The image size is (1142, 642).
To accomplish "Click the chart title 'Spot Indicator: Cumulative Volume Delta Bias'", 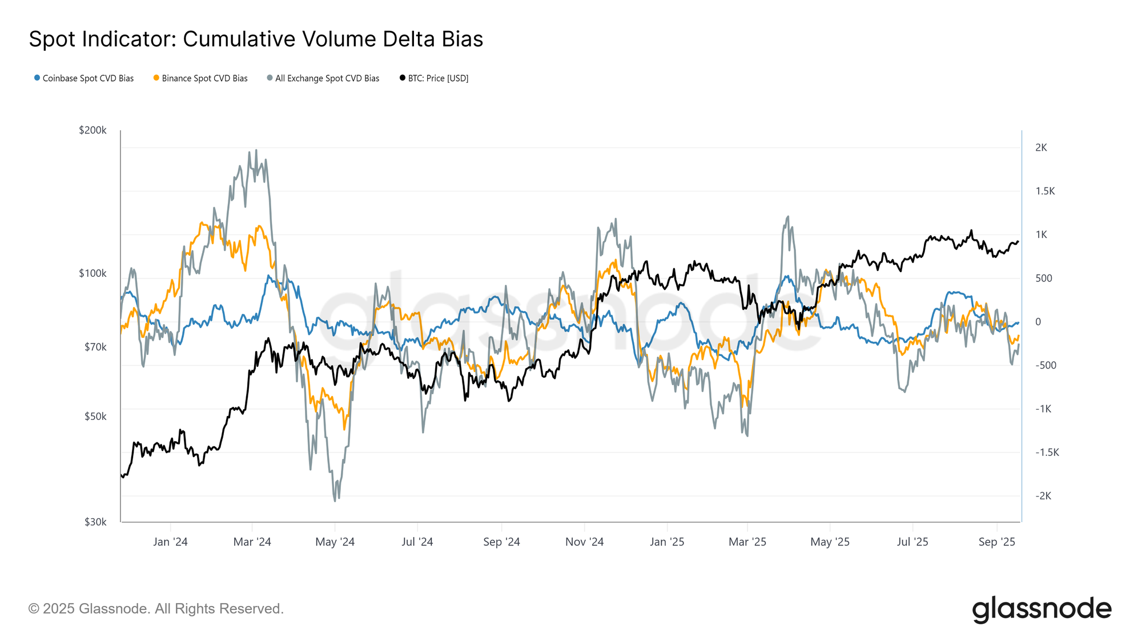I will pyautogui.click(x=256, y=39).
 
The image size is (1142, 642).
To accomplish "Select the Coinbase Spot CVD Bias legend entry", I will pyautogui.click(x=84, y=78).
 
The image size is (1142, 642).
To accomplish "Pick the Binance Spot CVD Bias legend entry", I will pyautogui.click(x=200, y=78).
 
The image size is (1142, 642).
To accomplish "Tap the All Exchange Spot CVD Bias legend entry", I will pyautogui.click(x=323, y=78).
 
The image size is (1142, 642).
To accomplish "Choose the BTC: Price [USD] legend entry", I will pyautogui.click(x=434, y=78).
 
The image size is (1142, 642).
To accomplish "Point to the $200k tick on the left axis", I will pyautogui.click(x=93, y=130).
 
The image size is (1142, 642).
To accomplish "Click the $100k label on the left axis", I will pyautogui.click(x=93, y=273).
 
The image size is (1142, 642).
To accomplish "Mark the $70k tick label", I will pyautogui.click(x=95, y=347).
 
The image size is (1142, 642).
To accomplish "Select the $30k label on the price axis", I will pyautogui.click(x=95, y=522).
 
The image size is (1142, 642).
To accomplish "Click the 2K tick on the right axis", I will pyautogui.click(x=1041, y=148).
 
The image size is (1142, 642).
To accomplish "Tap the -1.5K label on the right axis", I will pyautogui.click(x=1047, y=453).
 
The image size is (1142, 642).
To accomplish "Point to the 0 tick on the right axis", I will pyautogui.click(x=1038, y=322).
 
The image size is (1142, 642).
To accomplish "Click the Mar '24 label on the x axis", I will pyautogui.click(x=252, y=542).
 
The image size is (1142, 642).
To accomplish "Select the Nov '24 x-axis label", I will pyautogui.click(x=584, y=542).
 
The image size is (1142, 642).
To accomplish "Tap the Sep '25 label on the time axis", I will pyautogui.click(x=996, y=542).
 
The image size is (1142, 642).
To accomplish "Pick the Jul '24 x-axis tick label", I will pyautogui.click(x=417, y=542).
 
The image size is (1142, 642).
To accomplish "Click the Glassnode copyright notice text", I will pyautogui.click(x=156, y=609).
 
